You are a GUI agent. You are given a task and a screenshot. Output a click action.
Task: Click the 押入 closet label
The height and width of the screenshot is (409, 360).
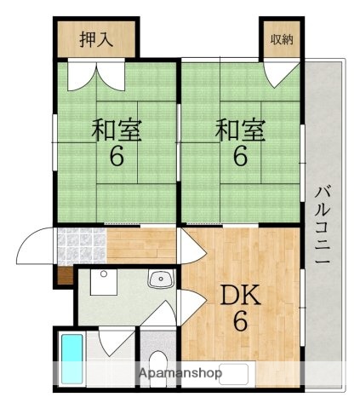(x=96, y=38)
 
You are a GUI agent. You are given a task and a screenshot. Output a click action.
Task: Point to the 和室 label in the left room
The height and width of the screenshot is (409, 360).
(x=117, y=132)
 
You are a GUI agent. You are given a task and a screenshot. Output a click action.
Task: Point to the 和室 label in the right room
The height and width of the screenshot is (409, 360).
(x=239, y=132)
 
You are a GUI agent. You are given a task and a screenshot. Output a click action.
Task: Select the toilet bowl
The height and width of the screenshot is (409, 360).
(x=154, y=363)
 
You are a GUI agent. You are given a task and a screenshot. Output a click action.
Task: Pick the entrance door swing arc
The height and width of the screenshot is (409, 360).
(x=37, y=247)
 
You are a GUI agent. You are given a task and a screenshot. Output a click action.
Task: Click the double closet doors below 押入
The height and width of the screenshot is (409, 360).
(x=95, y=75)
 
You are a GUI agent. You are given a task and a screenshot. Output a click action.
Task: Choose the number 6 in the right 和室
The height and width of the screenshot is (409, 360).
(x=239, y=158)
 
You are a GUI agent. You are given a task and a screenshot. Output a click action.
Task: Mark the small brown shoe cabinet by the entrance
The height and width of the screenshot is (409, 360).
(x=63, y=274)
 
